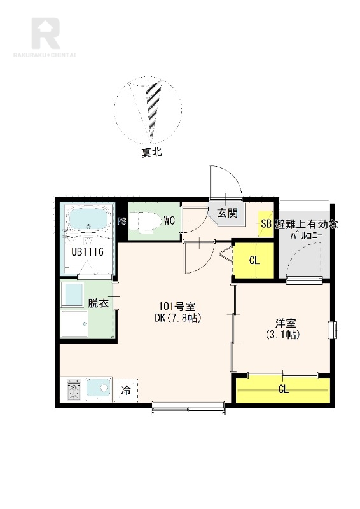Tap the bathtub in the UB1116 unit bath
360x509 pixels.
pos(87,220)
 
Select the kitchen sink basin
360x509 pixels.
pos(99,387)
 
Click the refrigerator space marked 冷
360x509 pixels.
pos(126,390)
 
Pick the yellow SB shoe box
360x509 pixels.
pos(265,224)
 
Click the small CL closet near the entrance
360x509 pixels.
pos(254,260)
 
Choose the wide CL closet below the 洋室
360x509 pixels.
pos(283,389)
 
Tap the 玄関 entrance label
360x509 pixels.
pos(228,213)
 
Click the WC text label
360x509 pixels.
pos(169,221)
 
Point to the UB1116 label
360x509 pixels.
pos(87,252)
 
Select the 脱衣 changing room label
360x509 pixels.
pos(98,303)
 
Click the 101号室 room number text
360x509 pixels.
pos(177,307)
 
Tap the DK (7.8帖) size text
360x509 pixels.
pos(178,318)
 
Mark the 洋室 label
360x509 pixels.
pos(286,324)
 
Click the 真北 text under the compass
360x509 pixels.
pos(151,152)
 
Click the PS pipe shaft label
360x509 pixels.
pos(121,221)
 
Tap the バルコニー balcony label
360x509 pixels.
pos(306,235)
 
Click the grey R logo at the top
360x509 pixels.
pos(45,33)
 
